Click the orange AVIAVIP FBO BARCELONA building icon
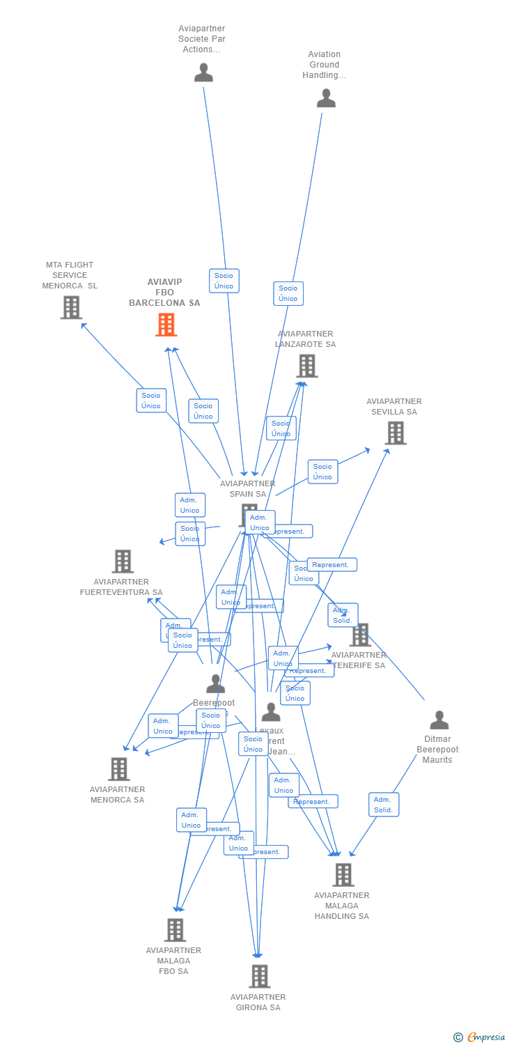point(166,325)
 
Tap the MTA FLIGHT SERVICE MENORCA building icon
point(71,307)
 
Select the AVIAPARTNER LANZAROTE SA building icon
point(306,366)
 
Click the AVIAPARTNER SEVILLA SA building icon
point(396,433)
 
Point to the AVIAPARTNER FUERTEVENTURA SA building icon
point(123,561)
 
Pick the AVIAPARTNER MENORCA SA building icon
point(119,768)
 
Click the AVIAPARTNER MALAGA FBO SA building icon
point(175,929)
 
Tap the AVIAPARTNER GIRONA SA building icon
point(259,976)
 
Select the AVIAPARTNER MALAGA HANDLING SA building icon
point(343,874)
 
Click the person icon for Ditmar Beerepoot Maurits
point(439,720)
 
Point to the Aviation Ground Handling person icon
point(326,98)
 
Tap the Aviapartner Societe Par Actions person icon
point(203,72)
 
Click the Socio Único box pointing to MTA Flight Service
point(151,401)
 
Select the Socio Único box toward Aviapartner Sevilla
point(322,472)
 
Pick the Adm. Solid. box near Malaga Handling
point(383,805)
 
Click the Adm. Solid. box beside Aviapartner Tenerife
point(343,615)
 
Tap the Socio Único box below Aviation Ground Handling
point(288,293)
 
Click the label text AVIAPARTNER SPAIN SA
point(247,488)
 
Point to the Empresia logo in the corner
point(480,1037)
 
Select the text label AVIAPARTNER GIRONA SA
point(258,1002)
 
